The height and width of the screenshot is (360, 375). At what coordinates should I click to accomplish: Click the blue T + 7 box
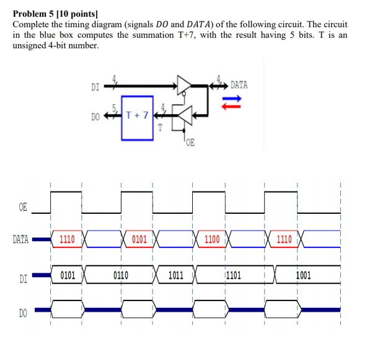(x=137, y=115)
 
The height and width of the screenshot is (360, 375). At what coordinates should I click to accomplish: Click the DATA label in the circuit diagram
(x=239, y=85)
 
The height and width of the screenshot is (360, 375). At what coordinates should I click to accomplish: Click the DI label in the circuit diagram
(x=95, y=87)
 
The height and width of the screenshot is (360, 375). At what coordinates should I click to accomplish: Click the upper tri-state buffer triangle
(x=185, y=85)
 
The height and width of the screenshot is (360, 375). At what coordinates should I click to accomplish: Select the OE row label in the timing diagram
(x=23, y=207)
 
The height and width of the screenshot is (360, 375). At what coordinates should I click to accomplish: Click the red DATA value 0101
(x=139, y=239)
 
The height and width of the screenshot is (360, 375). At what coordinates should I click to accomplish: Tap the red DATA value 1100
(x=211, y=239)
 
